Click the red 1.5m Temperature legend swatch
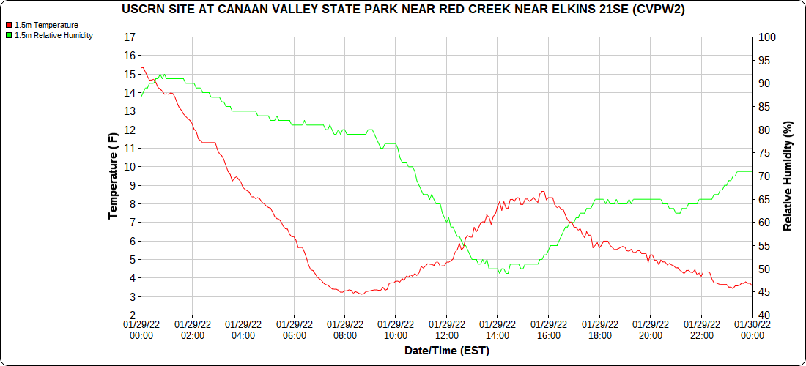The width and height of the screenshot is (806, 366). click(9, 25)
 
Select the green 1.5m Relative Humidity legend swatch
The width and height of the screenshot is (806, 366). click(9, 35)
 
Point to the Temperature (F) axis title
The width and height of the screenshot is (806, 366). click(113, 176)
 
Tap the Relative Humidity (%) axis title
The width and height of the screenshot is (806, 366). click(788, 176)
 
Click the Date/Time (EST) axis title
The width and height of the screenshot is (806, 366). click(446, 351)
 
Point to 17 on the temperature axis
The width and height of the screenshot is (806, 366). click(130, 37)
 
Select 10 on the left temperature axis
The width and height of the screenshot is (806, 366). click(130, 166)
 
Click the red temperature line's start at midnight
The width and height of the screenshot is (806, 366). click(141, 67)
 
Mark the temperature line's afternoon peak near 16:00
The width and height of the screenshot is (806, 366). click(542, 192)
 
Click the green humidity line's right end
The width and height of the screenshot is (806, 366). click(752, 171)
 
